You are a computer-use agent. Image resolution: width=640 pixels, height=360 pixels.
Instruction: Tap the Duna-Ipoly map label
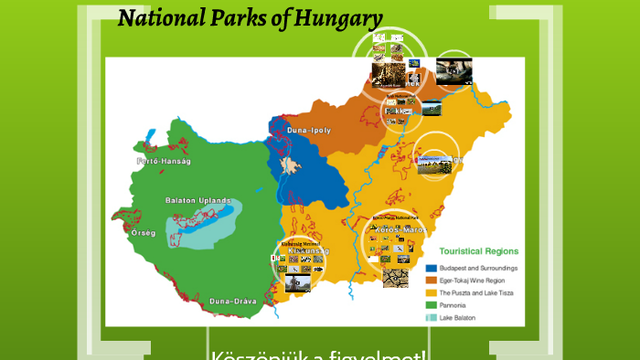(310, 131)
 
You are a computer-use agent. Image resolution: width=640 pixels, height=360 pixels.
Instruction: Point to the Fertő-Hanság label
(163, 161)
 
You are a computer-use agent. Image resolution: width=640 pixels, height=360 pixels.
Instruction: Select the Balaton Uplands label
(197, 200)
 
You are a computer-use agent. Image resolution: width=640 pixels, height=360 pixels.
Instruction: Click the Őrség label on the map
(144, 233)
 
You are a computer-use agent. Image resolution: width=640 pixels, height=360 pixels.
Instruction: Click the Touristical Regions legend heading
(479, 250)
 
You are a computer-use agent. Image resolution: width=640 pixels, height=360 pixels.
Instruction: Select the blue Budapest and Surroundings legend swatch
(432, 268)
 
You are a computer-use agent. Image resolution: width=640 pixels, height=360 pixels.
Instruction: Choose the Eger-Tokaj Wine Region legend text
(475, 281)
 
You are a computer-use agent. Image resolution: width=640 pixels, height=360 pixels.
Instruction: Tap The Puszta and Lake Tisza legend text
(481, 292)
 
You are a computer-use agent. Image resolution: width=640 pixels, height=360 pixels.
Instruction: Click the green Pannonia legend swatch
(432, 305)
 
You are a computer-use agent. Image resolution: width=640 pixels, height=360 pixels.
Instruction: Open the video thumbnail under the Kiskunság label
(298, 283)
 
